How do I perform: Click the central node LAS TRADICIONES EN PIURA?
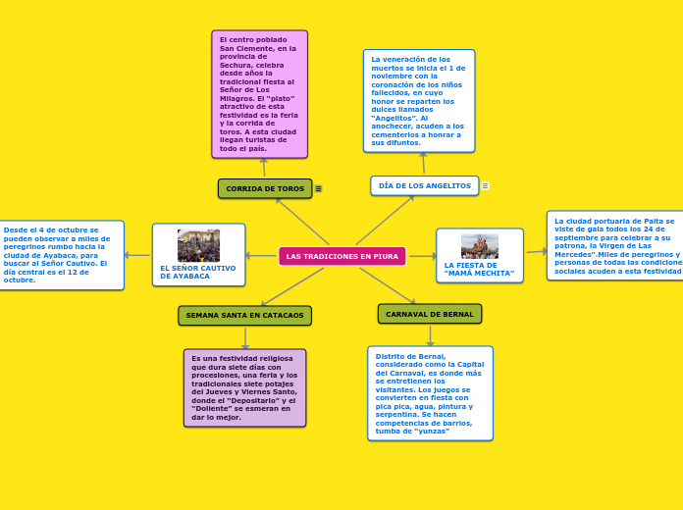[x=341, y=256]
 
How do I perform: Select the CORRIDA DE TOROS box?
[x=265, y=188]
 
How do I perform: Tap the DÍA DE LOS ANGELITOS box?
[x=424, y=185]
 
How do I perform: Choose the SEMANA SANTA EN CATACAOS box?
[x=244, y=315]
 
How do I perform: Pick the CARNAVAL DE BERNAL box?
[x=429, y=314]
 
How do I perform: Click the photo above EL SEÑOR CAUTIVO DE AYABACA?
[x=198, y=245]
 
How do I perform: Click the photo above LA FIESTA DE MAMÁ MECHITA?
[x=479, y=246]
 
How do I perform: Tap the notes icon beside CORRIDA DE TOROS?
[x=318, y=188]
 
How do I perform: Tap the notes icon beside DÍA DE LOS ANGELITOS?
[x=485, y=185]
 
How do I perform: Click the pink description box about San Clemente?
[x=259, y=94]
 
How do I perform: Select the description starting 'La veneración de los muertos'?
[x=418, y=101]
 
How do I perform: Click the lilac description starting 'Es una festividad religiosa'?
[x=244, y=387]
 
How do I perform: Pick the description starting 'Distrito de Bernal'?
[x=430, y=393]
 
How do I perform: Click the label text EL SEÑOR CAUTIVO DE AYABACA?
[x=197, y=272]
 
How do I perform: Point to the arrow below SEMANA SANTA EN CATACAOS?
[x=245, y=337]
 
